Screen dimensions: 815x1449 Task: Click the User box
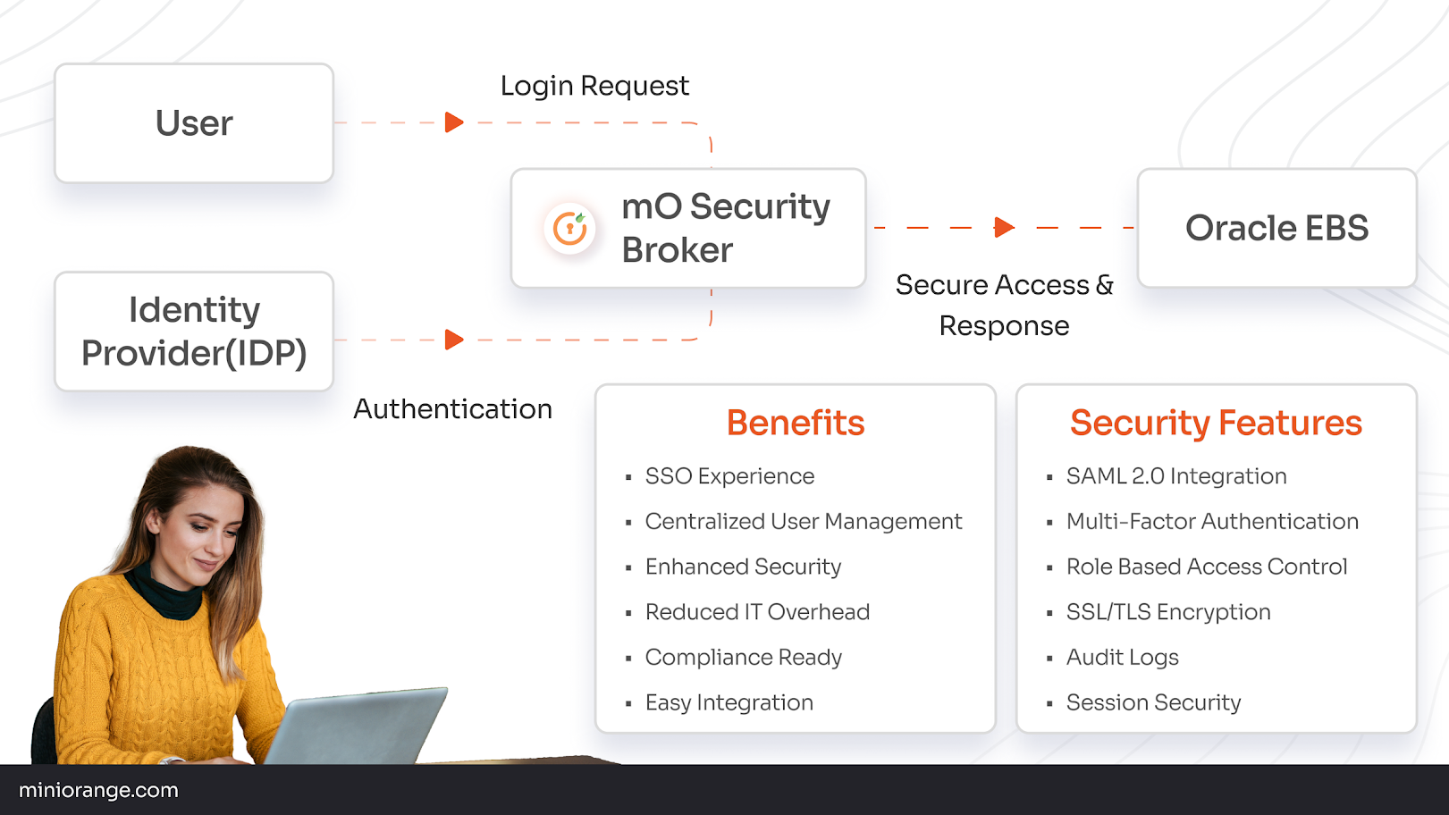pyautogui.click(x=194, y=123)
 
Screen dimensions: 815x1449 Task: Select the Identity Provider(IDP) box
pyautogui.click(x=194, y=332)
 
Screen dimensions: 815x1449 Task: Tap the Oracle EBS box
pyautogui.click(x=1276, y=228)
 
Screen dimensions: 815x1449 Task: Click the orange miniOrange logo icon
pyautogui.click(x=569, y=229)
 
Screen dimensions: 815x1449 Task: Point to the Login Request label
pyautogui.click(x=594, y=86)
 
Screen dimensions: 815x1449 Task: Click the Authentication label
pyautogui.click(x=452, y=409)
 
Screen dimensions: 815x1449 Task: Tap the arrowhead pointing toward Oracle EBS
pyautogui.click(x=1004, y=228)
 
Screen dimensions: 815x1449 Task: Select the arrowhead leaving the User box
pyautogui.click(x=454, y=122)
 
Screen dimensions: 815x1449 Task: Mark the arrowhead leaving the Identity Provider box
pyautogui.click(x=454, y=340)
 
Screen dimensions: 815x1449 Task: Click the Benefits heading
pyautogui.click(x=795, y=423)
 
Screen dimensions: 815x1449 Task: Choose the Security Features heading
pyautogui.click(x=1216, y=423)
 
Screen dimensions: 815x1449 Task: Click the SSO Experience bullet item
pyautogui.click(x=729, y=476)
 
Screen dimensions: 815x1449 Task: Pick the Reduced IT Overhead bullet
pyautogui.click(x=757, y=612)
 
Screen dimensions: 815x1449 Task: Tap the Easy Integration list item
pyautogui.click(x=729, y=702)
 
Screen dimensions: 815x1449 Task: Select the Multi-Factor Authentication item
pyautogui.click(x=1211, y=522)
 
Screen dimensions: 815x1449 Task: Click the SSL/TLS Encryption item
pyautogui.click(x=1167, y=612)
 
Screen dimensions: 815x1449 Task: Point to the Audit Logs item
pyautogui.click(x=1122, y=658)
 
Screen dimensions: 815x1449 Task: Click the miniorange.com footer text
pyautogui.click(x=98, y=790)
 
